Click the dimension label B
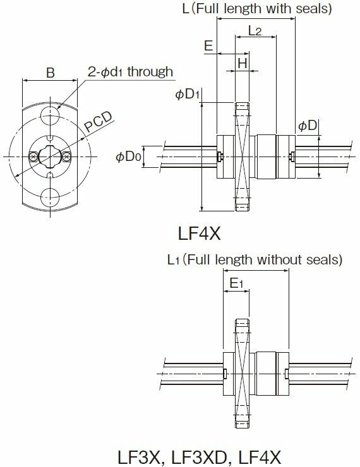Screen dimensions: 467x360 [51, 73]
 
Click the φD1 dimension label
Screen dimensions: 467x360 [188, 94]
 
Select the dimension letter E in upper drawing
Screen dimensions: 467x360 [208, 45]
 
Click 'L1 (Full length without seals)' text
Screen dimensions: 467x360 [255, 260]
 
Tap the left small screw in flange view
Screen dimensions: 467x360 [32, 156]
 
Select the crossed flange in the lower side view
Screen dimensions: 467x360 [242, 374]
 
